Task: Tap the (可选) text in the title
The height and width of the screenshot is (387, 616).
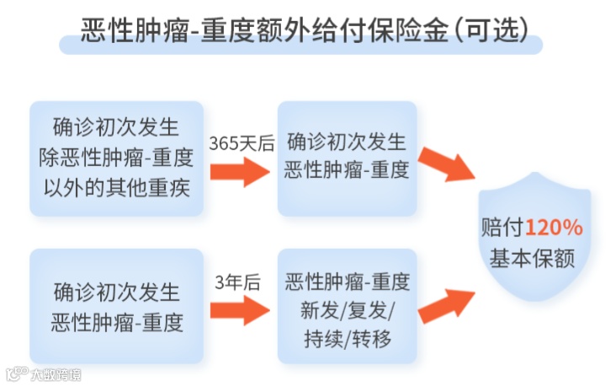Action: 491,31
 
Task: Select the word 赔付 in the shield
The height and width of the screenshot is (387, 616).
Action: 502,228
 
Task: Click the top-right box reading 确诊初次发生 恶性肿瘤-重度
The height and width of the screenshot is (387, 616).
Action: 348,158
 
